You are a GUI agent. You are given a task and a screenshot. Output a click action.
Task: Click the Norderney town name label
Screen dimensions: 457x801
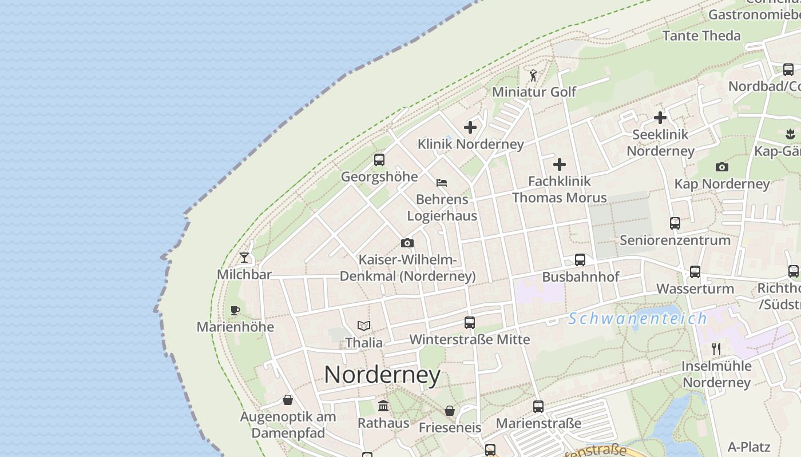[382, 375]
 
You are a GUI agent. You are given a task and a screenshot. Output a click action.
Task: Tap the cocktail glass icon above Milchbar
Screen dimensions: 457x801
[244, 258]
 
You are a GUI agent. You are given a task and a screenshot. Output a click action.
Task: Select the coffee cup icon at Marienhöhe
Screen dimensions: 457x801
[235, 310]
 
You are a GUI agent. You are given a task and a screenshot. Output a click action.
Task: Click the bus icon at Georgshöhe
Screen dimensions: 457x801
[379, 160]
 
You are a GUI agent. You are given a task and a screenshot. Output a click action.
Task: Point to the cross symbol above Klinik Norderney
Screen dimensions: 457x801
[470, 127]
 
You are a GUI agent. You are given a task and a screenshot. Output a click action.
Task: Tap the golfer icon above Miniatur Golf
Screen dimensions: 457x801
[533, 75]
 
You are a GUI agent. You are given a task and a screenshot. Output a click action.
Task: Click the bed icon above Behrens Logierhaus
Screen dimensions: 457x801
[442, 183]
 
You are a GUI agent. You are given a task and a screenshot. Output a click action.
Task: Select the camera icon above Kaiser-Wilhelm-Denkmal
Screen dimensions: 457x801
[407, 243]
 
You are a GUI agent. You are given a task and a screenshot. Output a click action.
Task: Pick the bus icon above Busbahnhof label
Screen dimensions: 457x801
[580, 260]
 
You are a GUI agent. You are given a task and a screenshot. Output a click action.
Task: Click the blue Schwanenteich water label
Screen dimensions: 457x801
[637, 318]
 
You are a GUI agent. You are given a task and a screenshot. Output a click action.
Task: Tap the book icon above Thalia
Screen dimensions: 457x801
[364, 326]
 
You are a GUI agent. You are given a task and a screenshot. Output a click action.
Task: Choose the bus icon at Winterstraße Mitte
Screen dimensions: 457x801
[470, 322]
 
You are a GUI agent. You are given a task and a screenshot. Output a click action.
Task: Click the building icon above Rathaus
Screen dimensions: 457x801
[383, 406]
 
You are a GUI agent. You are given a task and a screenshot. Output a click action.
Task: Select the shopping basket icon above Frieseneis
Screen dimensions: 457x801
[450, 411]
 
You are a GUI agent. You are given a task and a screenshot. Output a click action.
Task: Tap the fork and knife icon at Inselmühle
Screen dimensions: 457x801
[716, 348]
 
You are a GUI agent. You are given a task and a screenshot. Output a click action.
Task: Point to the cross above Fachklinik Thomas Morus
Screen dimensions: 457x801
[560, 165]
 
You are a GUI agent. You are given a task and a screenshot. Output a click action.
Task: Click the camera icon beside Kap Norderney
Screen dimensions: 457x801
[722, 167]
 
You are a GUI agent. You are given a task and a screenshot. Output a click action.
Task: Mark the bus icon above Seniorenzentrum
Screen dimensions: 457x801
[675, 223]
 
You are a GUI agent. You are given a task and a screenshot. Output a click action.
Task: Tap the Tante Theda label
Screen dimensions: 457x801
[701, 35]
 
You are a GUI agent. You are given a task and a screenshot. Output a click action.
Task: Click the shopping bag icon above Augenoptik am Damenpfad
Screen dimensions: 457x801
[288, 400]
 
